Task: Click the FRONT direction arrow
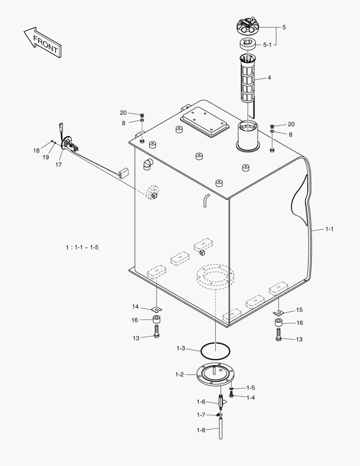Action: point(42,42)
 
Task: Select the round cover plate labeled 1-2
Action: point(215,374)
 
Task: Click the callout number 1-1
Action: point(329,229)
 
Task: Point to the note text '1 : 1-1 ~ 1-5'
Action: point(82,247)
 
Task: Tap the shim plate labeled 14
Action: point(157,309)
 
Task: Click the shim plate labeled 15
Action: point(279,312)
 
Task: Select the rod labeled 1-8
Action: point(220,429)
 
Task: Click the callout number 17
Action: point(58,165)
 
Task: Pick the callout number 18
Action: point(37,151)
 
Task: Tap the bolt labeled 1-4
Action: point(232,395)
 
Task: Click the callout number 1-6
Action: point(201,402)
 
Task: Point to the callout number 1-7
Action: point(201,415)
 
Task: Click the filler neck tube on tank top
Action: point(248,136)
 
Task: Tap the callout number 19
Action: point(46,158)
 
